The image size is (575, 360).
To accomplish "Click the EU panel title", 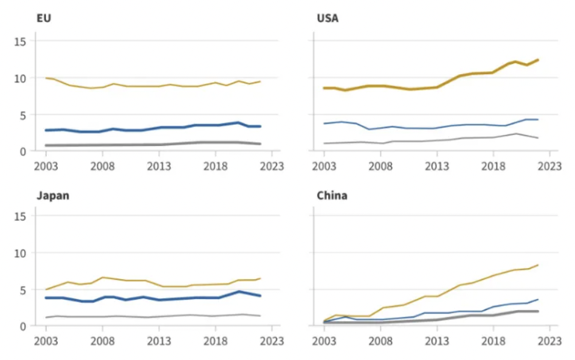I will coord(44,18).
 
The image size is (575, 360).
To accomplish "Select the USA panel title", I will coord(328,18).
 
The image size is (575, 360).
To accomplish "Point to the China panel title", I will coord(332,196).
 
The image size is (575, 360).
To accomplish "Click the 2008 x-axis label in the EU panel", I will coord(102,165).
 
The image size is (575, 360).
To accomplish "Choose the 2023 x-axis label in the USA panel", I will coord(550,165).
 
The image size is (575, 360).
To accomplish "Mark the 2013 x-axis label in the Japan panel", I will coord(159,341).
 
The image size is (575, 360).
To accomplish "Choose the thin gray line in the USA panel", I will coord(425,141).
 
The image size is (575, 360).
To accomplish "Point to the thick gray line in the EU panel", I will coord(122,145).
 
